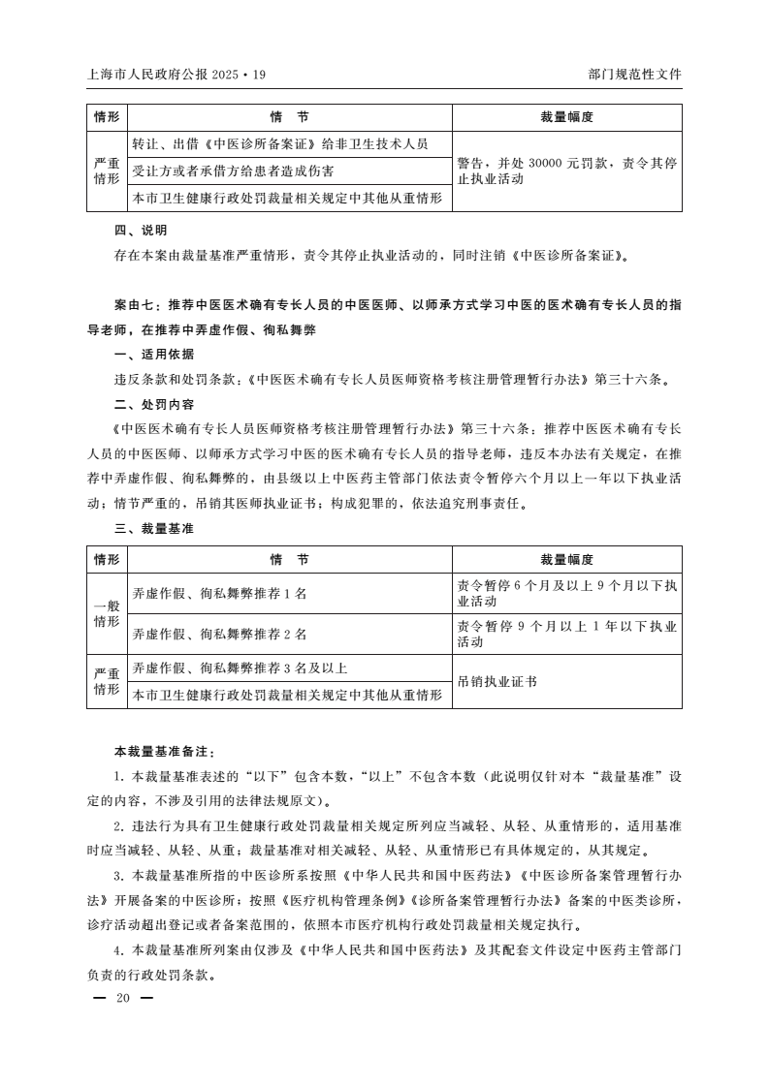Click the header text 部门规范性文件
pos(634,74)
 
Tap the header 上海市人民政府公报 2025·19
pos(176,74)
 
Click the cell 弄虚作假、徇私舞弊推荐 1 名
pos(219,593)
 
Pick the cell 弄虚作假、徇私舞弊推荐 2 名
pos(219,634)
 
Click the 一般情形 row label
pos(107,613)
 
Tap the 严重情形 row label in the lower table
pos(107,682)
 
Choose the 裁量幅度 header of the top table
pos(566,117)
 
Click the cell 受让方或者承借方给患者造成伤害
pos(233,171)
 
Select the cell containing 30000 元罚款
pos(566,171)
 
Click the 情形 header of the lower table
pos(107,560)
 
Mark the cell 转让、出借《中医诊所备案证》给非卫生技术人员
pos(280,143)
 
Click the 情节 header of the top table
pos(289,117)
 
